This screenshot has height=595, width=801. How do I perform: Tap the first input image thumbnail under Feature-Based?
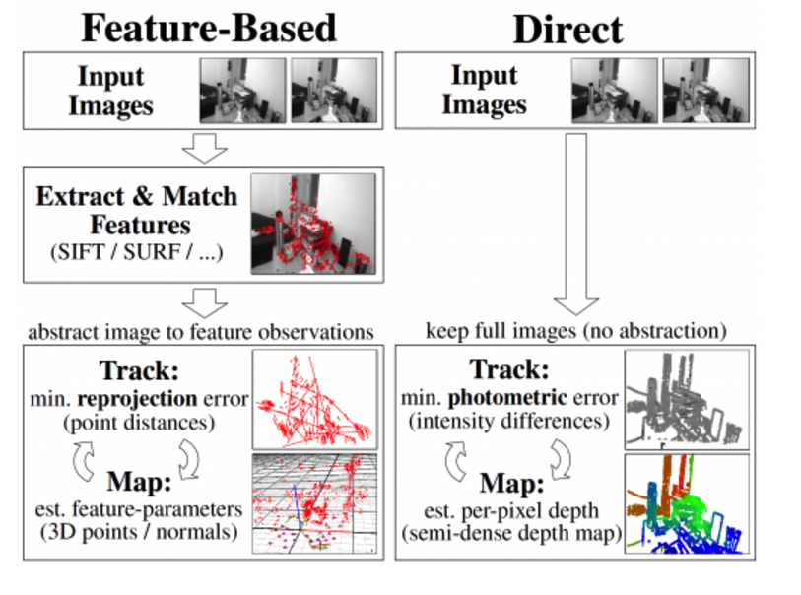pos(242,90)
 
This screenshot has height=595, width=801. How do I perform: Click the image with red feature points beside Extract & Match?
pos(313,224)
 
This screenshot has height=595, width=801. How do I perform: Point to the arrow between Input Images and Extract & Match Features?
pos(205,150)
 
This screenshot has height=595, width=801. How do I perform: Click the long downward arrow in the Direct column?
pos(576,227)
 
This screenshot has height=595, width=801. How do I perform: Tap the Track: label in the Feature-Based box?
pos(137,373)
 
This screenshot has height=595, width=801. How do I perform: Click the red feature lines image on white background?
pos(314,399)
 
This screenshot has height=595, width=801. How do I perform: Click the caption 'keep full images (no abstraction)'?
pos(576,330)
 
